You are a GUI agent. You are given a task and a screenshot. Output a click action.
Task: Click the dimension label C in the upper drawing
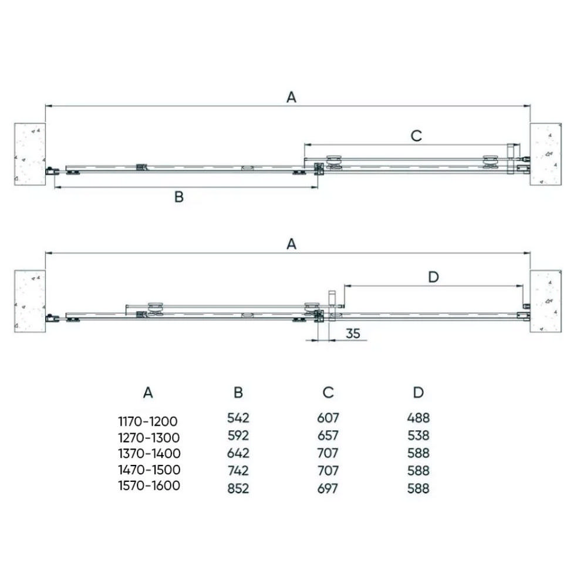click(x=416, y=136)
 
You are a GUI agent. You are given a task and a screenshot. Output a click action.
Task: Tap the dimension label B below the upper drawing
click(x=179, y=197)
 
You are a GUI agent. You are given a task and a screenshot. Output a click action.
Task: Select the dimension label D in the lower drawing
click(x=433, y=277)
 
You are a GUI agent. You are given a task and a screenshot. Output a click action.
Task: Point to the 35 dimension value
click(x=353, y=333)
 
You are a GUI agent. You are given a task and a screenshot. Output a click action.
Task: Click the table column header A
click(x=148, y=393)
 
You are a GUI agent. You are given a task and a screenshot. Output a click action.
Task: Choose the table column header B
click(x=238, y=392)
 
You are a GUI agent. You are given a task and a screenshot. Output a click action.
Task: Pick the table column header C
click(x=328, y=392)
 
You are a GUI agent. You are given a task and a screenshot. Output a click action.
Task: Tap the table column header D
click(x=418, y=392)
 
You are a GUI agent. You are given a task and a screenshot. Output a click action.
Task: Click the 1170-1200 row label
click(x=148, y=421)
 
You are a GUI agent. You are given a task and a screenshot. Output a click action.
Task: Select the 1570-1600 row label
click(x=149, y=485)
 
